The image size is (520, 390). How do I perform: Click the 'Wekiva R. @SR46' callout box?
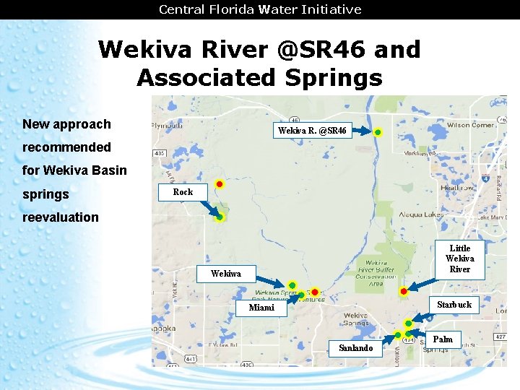(313, 131)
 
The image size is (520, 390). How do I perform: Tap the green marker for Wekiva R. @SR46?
(378, 132)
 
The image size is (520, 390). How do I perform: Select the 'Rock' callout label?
(183, 192)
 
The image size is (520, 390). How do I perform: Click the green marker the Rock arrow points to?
(220, 217)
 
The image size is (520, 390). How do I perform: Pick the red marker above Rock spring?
(220, 185)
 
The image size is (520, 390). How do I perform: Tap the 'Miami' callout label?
(261, 308)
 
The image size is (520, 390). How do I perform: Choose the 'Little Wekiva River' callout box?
(459, 259)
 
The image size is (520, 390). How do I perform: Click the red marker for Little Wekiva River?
(404, 291)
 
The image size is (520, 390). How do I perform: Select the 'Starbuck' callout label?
(454, 304)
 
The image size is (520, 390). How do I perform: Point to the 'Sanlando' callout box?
(355, 348)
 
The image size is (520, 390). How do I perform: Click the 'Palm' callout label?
(443, 339)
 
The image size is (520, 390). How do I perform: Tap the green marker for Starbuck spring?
(408, 323)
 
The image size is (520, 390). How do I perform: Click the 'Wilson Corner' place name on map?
(470, 124)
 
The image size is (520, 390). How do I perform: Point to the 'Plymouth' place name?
(167, 124)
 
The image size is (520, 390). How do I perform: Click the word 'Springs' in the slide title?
(331, 77)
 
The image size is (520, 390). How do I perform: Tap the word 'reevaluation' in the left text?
(61, 217)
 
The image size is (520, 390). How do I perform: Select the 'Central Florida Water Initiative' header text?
(260, 9)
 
